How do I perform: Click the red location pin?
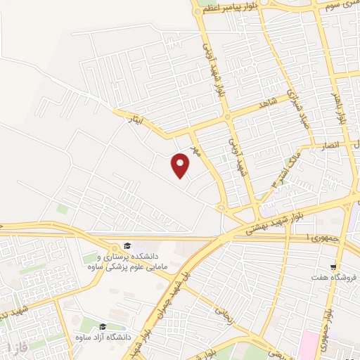pos(181,165)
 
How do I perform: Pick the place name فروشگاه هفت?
pos(335,278)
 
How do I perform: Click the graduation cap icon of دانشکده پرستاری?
pos(127,245)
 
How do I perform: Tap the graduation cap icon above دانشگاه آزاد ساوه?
pos(103,326)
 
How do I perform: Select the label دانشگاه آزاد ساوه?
pos(103,338)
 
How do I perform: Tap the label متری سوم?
pos(338,4)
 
